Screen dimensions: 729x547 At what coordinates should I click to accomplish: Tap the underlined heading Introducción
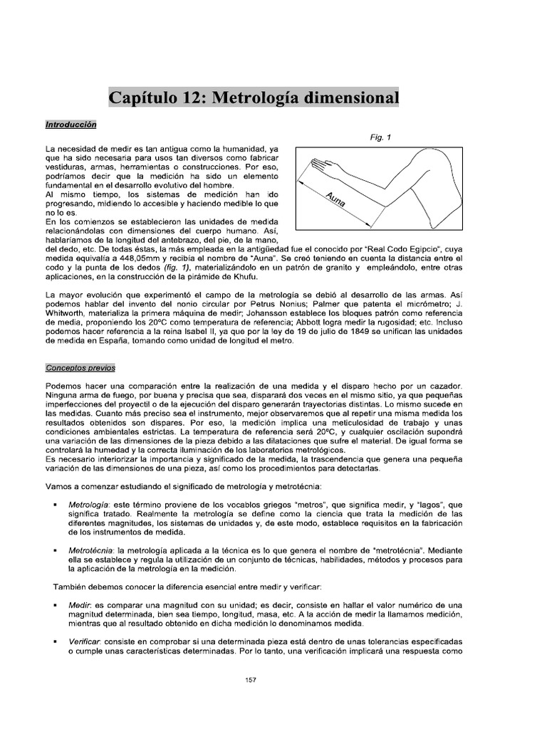[71, 123]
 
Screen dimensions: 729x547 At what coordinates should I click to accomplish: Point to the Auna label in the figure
[335, 199]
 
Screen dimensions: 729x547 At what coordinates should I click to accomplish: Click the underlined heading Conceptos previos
[80, 368]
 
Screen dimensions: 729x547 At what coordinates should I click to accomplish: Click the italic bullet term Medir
[78, 604]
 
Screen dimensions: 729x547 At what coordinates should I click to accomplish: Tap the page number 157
[250, 680]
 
